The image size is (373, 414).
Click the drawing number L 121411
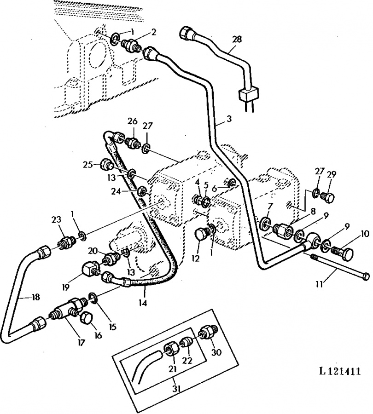339,371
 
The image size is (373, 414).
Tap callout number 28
237,40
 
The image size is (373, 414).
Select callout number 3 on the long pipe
229,119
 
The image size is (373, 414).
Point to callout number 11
319,284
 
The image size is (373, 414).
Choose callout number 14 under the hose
143,303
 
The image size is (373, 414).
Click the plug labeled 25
107,165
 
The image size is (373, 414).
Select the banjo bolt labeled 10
342,254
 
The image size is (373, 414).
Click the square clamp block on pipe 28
249,95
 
